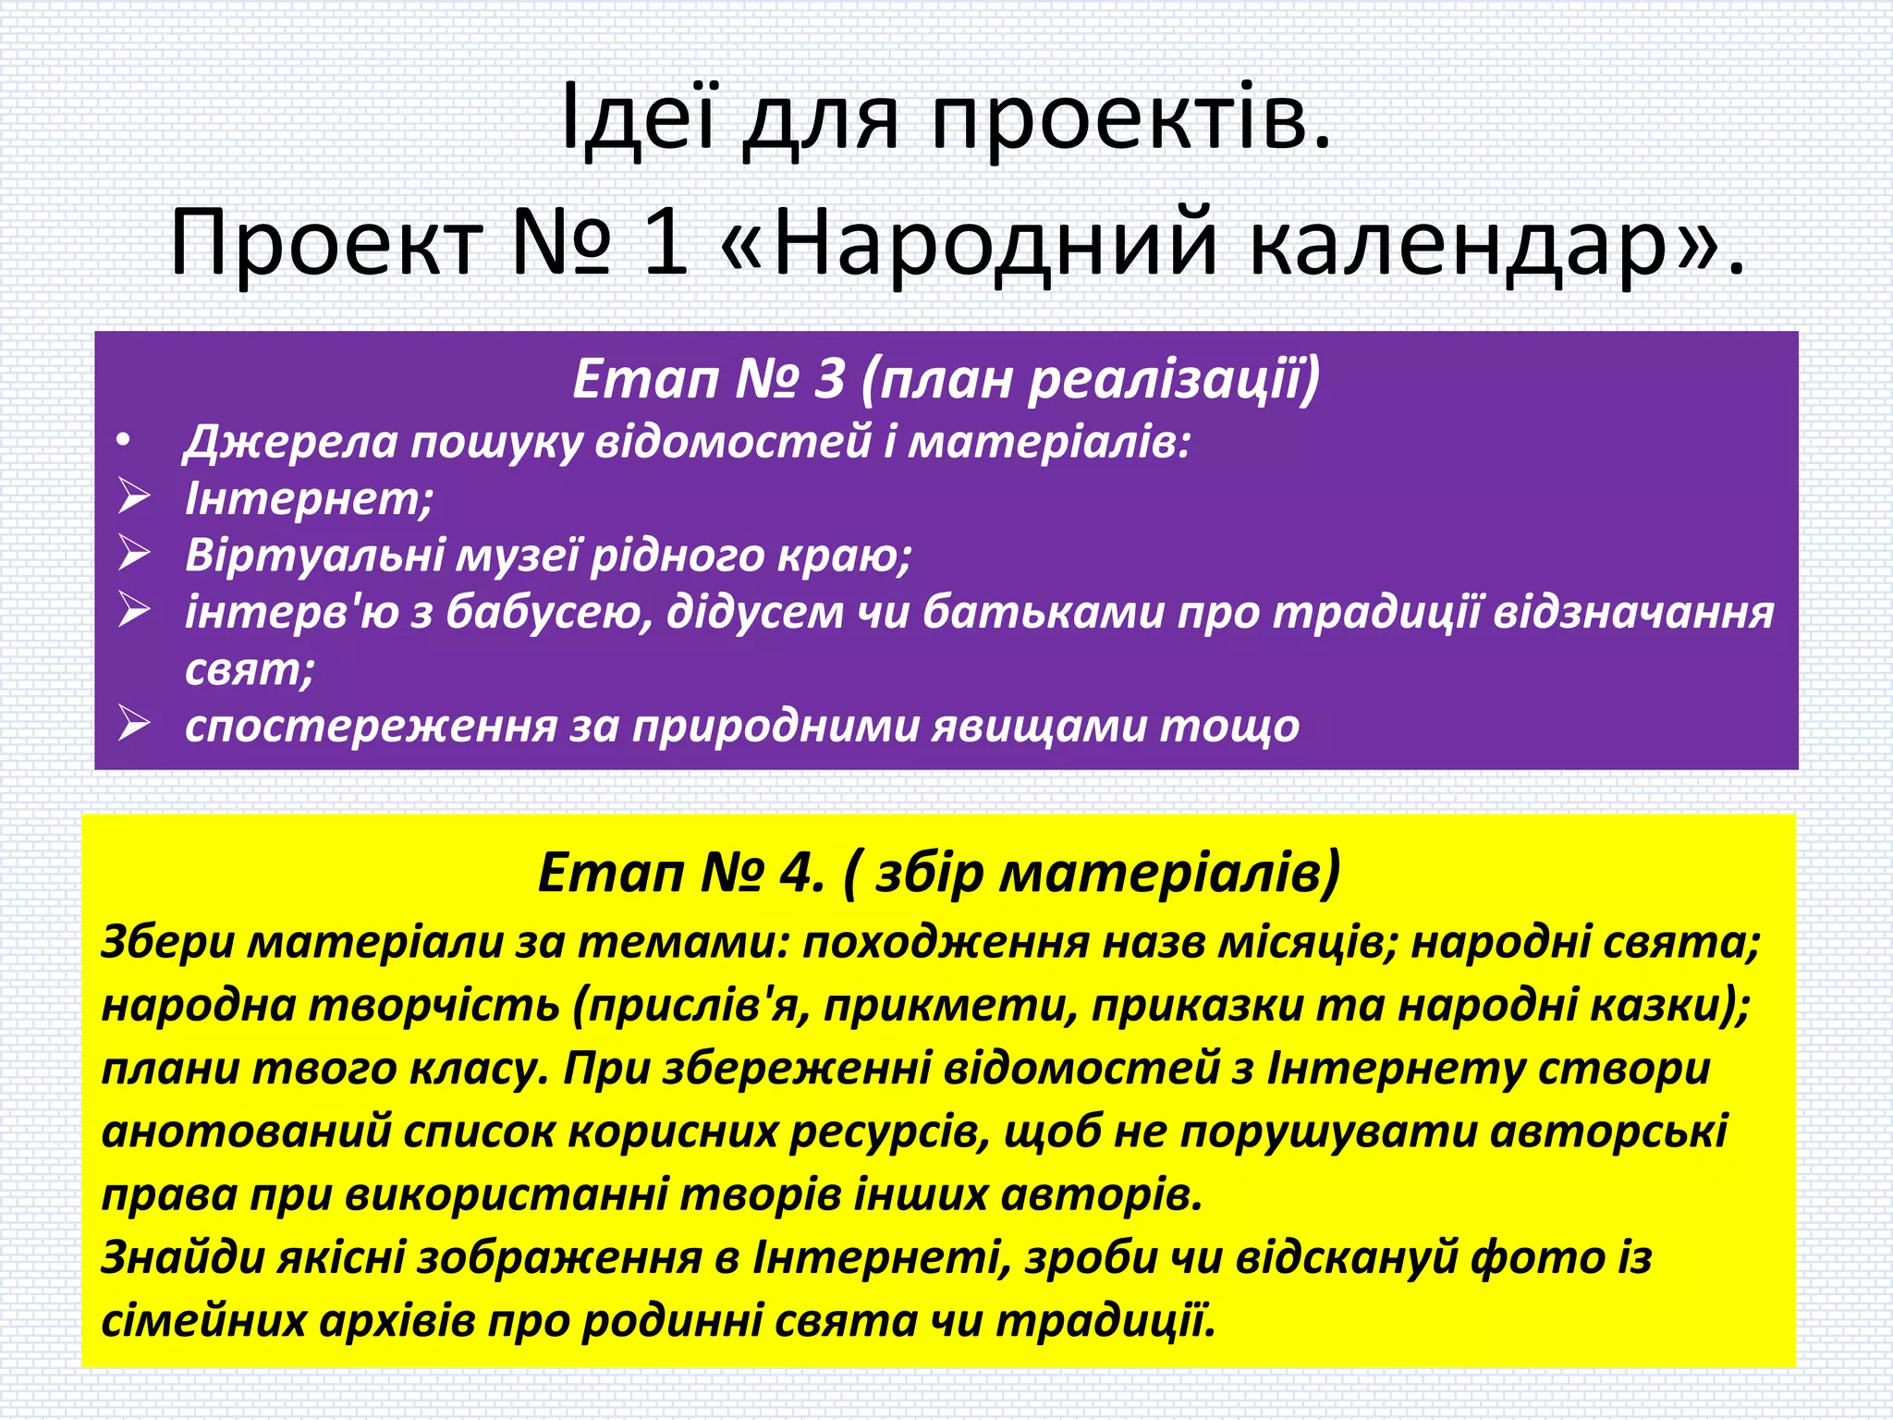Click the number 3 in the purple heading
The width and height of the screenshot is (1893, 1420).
[x=829, y=379]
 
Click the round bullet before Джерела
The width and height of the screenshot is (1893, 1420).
[x=125, y=442]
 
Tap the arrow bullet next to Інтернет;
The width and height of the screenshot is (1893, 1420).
[x=134, y=497]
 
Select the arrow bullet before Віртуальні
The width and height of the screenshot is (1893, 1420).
[x=134, y=554]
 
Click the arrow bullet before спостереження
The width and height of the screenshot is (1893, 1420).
[x=134, y=725]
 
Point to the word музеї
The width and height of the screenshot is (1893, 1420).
[x=518, y=555]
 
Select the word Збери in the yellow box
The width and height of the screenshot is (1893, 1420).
[x=167, y=943]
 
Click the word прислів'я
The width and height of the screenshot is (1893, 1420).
[x=693, y=1006]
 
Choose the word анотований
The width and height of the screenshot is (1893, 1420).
[x=246, y=1132]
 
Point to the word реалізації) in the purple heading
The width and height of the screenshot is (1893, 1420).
[x=1174, y=379]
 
